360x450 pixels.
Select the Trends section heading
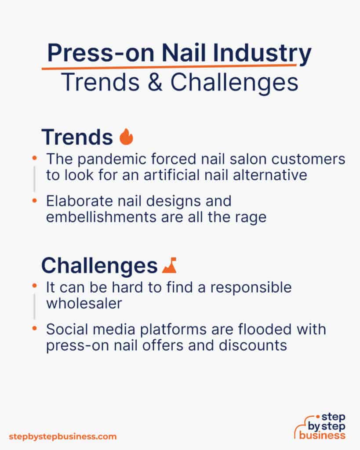(x=77, y=138)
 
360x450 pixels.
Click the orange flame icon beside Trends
(x=126, y=137)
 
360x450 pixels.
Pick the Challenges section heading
(x=99, y=266)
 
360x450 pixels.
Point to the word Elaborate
(x=74, y=202)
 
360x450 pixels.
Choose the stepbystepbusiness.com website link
(x=63, y=436)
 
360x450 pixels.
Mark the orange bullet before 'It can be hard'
(x=35, y=286)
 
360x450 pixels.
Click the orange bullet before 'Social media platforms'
(x=35, y=328)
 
